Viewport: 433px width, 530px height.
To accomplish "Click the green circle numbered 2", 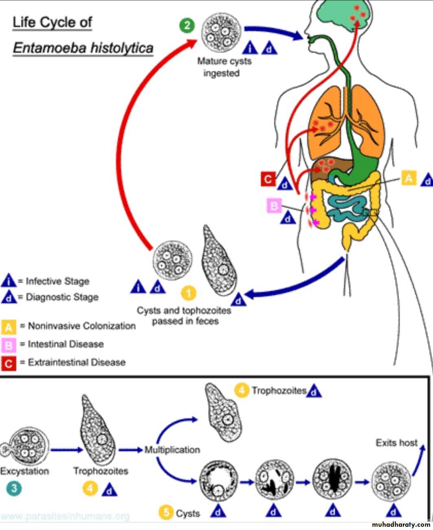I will click(x=187, y=26).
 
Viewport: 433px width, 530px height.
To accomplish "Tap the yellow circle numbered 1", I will click(x=188, y=293).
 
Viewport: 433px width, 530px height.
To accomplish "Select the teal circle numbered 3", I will click(x=14, y=488).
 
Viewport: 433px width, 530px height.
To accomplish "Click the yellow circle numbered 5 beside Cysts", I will click(x=166, y=512).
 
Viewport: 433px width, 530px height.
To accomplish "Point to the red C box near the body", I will click(x=268, y=179).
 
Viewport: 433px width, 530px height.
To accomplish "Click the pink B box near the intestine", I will click(x=274, y=206).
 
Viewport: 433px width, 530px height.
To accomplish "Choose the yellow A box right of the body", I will click(x=409, y=178).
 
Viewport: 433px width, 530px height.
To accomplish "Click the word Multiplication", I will click(x=172, y=450).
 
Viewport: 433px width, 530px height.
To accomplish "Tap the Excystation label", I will click(x=24, y=471).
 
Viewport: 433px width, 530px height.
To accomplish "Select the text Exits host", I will click(x=396, y=442).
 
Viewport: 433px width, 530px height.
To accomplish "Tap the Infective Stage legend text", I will click(x=57, y=281).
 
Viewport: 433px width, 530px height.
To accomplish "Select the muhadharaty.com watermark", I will click(x=401, y=524).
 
